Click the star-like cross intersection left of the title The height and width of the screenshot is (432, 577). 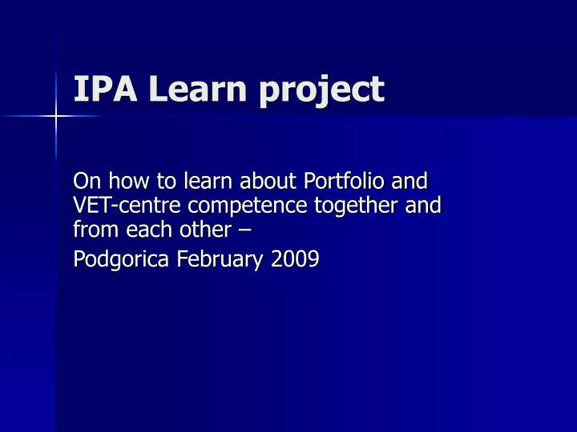click(56, 117)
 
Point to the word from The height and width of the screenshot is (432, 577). click(92, 232)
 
